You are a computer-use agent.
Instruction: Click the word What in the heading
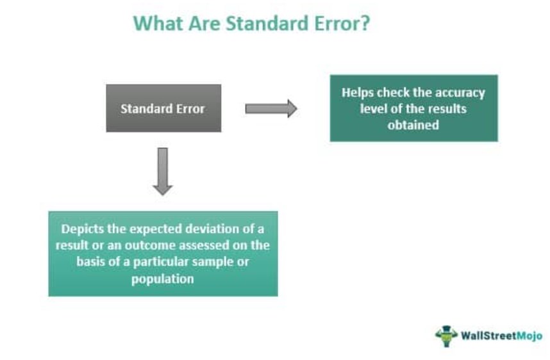click(x=158, y=24)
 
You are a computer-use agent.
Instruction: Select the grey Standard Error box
click(x=163, y=108)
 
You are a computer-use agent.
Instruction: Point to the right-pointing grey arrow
click(x=271, y=109)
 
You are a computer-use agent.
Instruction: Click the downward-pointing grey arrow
click(x=163, y=172)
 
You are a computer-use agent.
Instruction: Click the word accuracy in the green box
click(x=460, y=94)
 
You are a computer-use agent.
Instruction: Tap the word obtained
click(x=413, y=125)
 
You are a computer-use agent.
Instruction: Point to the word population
click(x=163, y=279)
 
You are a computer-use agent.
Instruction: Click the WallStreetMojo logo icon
click(x=446, y=336)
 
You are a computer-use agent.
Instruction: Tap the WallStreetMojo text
click(x=501, y=336)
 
